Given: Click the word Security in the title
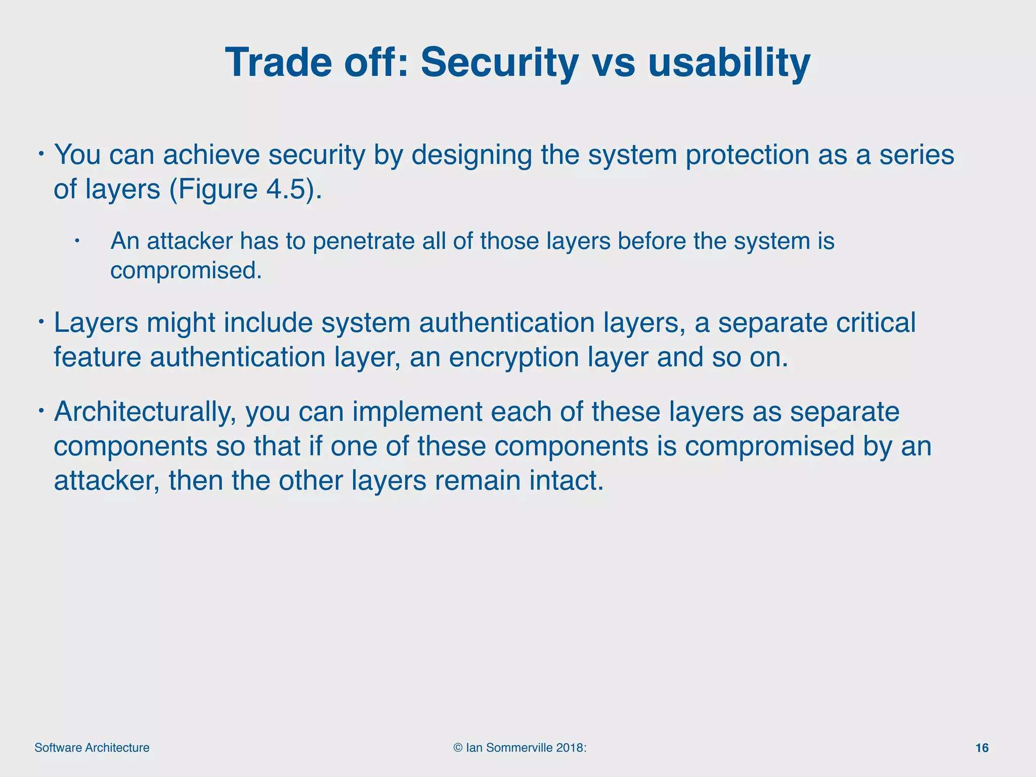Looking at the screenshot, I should tap(500, 63).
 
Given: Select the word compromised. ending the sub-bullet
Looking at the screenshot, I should tap(186, 271).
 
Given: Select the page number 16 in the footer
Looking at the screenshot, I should tap(982, 748).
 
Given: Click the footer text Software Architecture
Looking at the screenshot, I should tap(92, 748).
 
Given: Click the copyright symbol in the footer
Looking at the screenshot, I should tap(458, 748).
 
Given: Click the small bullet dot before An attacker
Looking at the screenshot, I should tap(77, 241).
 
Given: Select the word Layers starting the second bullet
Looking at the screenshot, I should tap(96, 323).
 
